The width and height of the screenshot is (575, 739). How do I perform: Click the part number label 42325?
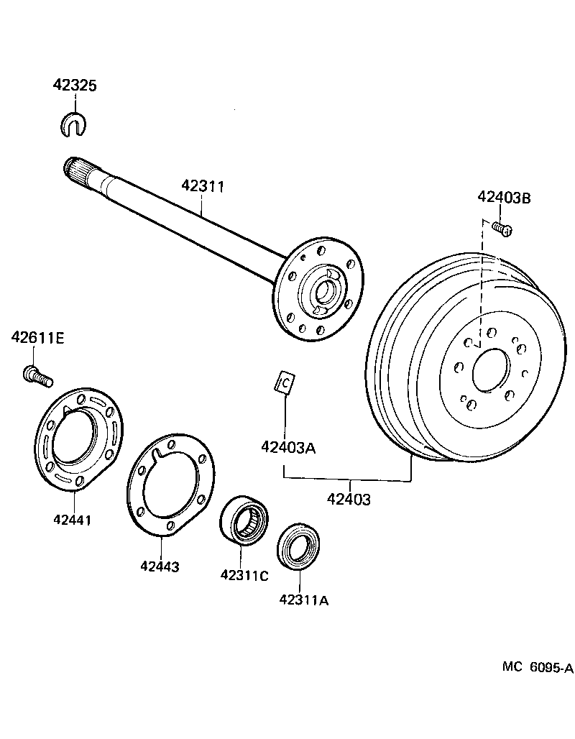point(74,85)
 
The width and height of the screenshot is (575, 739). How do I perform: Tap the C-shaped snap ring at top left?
point(72,123)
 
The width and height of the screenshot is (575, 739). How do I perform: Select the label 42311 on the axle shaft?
point(203,186)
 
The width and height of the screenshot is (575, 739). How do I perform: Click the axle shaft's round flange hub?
point(320,290)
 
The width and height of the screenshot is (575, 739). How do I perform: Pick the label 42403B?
point(504,198)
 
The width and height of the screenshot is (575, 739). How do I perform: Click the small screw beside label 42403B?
point(502,229)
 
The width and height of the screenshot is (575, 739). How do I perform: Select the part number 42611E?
point(37,337)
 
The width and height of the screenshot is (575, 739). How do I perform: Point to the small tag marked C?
point(285,383)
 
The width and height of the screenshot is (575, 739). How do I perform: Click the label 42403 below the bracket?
point(349,499)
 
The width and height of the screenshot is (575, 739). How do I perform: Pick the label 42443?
point(160,566)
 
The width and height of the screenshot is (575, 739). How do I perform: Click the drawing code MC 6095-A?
point(538,668)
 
